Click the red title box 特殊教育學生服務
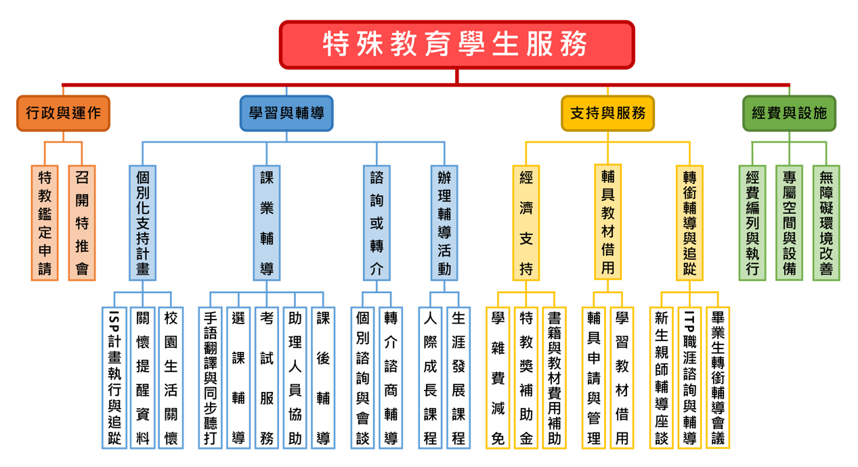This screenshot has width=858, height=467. [457, 45]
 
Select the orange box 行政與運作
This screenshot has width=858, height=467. [63, 113]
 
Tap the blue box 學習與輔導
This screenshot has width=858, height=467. [286, 113]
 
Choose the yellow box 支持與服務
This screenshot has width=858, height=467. [607, 113]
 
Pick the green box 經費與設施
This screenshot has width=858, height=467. [789, 113]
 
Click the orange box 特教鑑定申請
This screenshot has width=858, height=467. [45, 223]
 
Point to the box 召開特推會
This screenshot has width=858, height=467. [82, 223]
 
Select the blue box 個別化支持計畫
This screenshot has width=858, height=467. [142, 223]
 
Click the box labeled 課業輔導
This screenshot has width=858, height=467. [267, 223]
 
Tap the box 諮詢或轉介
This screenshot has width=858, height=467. [377, 223]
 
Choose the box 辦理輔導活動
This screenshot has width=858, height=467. [444, 223]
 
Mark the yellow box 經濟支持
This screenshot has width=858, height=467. [526, 223]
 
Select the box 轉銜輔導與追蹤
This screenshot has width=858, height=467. [689, 223]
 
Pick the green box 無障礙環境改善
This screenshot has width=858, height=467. [826, 223]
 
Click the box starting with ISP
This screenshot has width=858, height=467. [114, 377]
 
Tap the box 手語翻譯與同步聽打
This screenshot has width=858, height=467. [210, 377]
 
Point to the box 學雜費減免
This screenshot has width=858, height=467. [498, 377]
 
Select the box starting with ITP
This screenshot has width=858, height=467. [689, 377]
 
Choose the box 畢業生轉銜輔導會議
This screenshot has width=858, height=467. [718, 377]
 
